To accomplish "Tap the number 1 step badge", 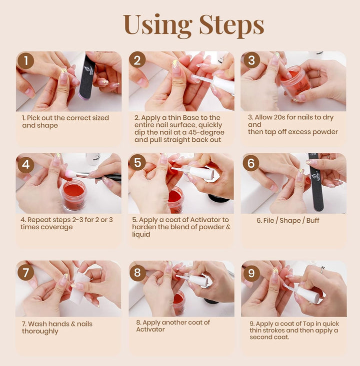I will (x=26, y=61).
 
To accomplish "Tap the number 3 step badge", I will (x=251, y=61).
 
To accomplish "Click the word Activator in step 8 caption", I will (x=150, y=330).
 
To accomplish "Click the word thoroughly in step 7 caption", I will (x=40, y=331).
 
